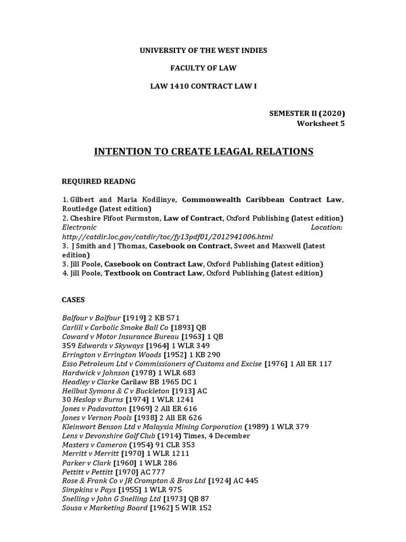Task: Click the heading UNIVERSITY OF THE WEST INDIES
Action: click(203, 50)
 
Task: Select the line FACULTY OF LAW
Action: click(203, 68)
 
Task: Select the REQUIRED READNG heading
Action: click(99, 182)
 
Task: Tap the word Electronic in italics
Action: click(79, 227)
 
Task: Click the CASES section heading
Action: click(73, 300)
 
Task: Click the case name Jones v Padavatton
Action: click(95, 409)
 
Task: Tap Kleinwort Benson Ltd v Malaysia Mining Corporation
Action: click(152, 427)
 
